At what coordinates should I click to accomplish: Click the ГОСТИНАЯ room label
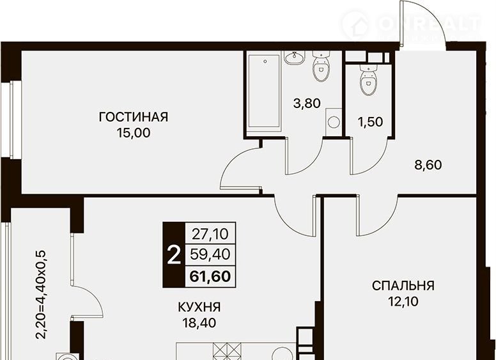pyautogui.click(x=134, y=117)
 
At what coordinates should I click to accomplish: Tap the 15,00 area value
pyautogui.click(x=134, y=133)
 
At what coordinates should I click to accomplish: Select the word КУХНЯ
pyautogui.click(x=199, y=307)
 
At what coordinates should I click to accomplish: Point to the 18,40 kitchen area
pyautogui.click(x=199, y=323)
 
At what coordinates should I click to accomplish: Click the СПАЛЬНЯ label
pyautogui.click(x=403, y=286)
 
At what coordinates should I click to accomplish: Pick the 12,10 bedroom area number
pyautogui.click(x=403, y=301)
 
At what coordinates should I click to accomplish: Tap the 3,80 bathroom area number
pyautogui.click(x=307, y=104)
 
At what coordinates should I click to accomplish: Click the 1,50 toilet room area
pyautogui.click(x=370, y=121)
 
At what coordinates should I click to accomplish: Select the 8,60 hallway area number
pyautogui.click(x=428, y=165)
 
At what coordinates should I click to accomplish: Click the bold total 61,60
pyautogui.click(x=210, y=276)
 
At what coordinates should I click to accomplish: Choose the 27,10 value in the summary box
pyautogui.click(x=210, y=234)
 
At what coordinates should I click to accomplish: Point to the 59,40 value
pyautogui.click(x=210, y=254)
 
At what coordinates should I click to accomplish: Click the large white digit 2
pyautogui.click(x=174, y=256)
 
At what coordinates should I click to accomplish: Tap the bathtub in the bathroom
pyautogui.click(x=265, y=92)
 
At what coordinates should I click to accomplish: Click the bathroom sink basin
pyautogui.click(x=295, y=58)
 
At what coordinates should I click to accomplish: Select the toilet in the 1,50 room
pyautogui.click(x=369, y=80)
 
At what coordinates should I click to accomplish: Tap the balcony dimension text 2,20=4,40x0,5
pyautogui.click(x=41, y=295)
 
